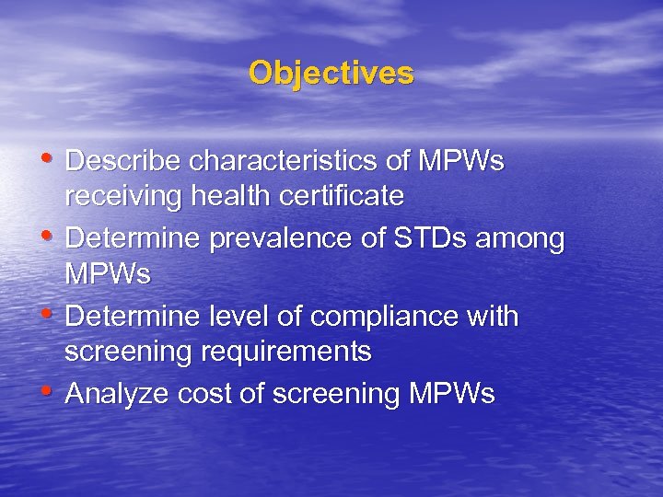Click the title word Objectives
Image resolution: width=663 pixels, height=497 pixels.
(331, 73)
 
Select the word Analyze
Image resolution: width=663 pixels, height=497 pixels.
(115, 395)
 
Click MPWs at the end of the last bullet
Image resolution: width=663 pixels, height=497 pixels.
(450, 395)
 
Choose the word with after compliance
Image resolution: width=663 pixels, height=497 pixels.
(493, 317)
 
